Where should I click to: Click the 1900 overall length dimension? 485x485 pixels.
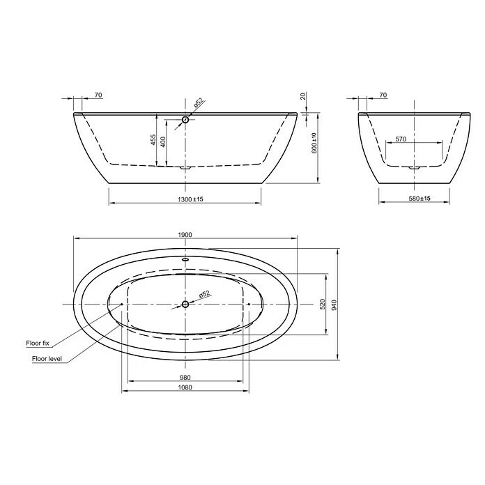click(x=185, y=236)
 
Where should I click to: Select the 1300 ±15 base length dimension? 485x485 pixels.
click(x=185, y=199)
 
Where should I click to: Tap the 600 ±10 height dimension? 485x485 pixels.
click(x=314, y=143)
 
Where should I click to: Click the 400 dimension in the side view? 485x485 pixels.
click(x=164, y=141)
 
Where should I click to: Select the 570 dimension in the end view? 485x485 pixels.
click(x=401, y=139)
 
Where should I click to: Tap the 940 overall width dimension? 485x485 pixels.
click(x=334, y=304)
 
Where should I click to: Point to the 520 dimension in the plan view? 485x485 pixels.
click(x=322, y=304)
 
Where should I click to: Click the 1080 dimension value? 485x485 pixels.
click(x=185, y=388)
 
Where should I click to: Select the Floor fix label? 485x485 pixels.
click(x=36, y=344)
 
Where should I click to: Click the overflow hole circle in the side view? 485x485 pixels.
click(x=185, y=120)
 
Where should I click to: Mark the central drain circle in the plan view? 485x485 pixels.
click(x=185, y=305)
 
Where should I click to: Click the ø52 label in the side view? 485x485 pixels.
click(x=198, y=102)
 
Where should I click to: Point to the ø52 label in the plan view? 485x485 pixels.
click(x=204, y=294)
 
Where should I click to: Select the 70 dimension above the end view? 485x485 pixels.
click(x=383, y=95)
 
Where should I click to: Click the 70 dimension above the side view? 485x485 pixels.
click(x=98, y=95)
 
